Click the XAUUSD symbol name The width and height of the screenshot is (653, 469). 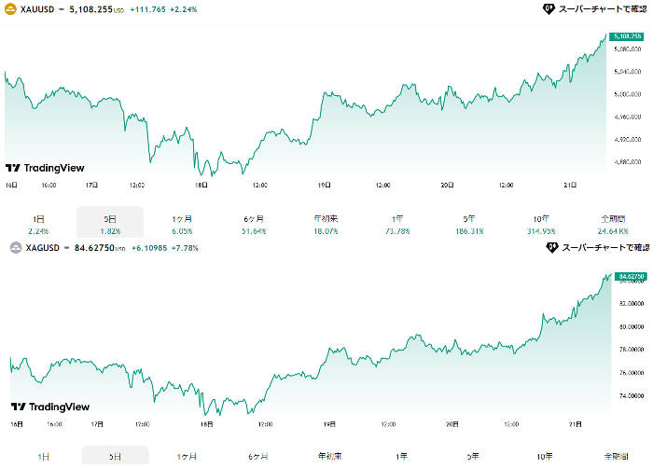click(38, 8)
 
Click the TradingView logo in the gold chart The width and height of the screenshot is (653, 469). click(45, 168)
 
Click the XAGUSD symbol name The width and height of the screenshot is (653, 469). click(44, 247)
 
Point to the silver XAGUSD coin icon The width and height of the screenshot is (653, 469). click(15, 247)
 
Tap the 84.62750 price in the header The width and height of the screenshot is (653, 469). click(99, 247)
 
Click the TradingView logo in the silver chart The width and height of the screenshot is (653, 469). click(45, 407)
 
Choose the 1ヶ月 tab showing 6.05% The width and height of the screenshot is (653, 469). click(182, 223)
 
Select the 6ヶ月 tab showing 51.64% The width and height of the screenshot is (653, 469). click(254, 223)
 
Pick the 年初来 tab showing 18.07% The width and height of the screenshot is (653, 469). click(326, 223)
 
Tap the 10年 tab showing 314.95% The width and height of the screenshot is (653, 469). click(543, 223)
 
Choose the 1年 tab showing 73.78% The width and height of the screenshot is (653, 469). click(398, 223)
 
